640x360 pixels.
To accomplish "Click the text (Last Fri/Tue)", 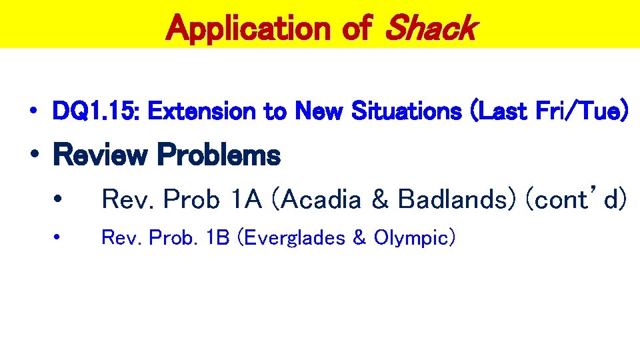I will (549, 112).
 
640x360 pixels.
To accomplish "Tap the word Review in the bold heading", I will (99, 155).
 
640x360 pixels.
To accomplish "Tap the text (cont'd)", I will (576, 199).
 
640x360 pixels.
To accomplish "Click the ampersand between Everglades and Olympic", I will (360, 237).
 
